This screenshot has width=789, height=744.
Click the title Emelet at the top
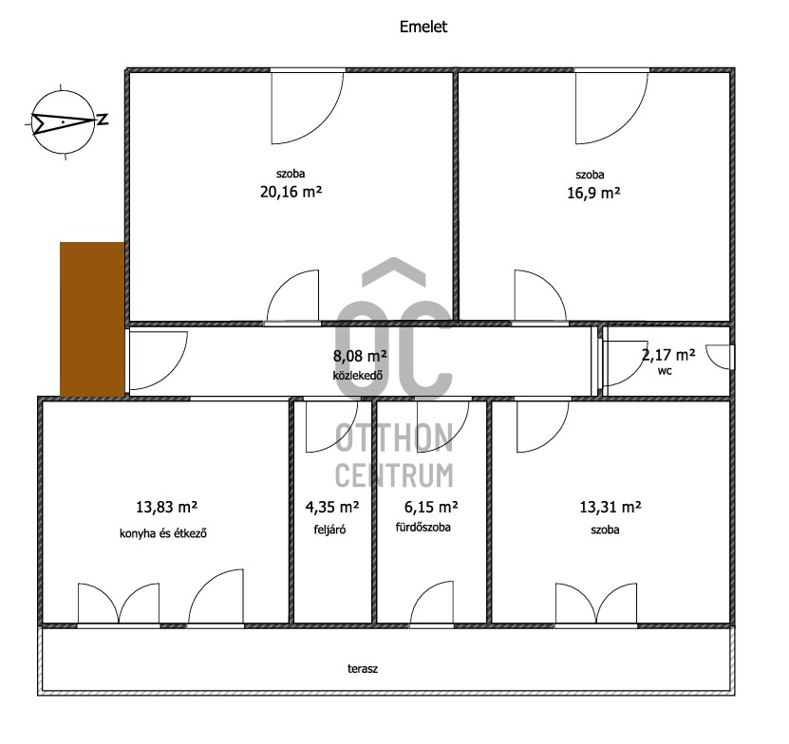[423, 27]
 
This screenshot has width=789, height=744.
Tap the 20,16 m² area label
[291, 192]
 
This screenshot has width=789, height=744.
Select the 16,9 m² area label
[593, 194]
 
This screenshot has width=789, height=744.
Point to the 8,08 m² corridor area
[360, 356]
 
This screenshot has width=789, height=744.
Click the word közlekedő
[358, 375]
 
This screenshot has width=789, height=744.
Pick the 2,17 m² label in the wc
[668, 355]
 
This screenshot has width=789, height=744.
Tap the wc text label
[665, 371]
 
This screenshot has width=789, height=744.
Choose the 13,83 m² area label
[166, 507]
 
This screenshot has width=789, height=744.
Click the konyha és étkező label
[163, 533]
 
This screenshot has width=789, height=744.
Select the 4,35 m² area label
[332, 507]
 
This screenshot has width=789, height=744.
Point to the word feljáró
[329, 530]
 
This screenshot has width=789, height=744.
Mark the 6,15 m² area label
[431, 507]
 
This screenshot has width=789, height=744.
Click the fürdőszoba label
[423, 528]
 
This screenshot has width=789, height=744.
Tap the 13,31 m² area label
[611, 507]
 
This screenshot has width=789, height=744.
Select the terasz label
[363, 669]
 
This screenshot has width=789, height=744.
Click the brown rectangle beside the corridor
[92, 320]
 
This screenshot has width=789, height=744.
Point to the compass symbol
[64, 121]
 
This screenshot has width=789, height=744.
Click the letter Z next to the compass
[103, 120]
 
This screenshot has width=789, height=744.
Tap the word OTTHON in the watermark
[394, 437]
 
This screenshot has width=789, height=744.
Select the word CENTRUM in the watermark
[394, 475]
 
